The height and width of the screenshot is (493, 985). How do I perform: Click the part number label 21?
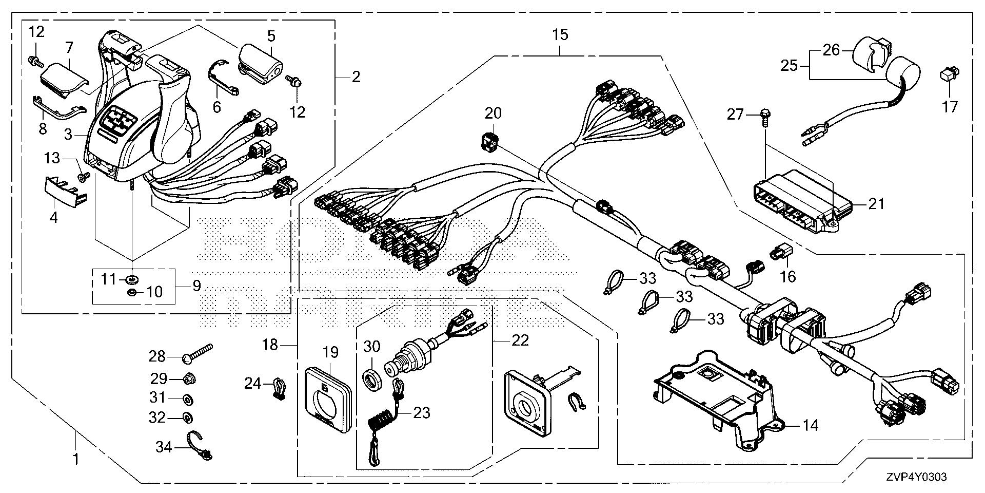click(x=876, y=204)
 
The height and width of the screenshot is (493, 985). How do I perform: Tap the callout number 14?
click(x=811, y=425)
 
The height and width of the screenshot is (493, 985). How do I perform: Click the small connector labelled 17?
click(x=947, y=76)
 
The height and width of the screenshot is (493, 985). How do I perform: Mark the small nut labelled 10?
click(x=131, y=293)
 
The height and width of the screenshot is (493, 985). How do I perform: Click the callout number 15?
click(x=560, y=35)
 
